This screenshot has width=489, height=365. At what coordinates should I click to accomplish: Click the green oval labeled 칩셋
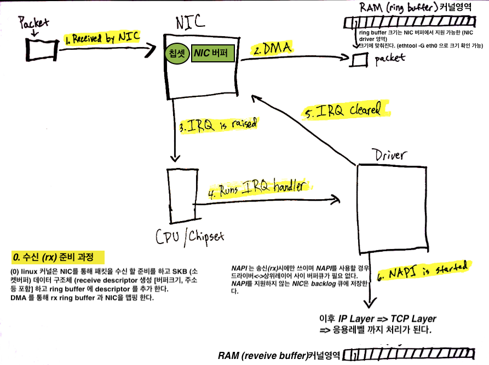[x=177, y=53]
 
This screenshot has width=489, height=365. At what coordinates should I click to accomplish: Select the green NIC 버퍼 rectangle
[x=212, y=53]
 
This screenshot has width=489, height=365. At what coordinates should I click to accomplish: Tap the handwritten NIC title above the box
[x=190, y=22]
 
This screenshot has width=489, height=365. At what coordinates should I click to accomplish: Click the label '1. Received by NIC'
[x=102, y=38]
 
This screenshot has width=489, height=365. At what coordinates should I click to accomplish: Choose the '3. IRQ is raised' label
[x=218, y=125]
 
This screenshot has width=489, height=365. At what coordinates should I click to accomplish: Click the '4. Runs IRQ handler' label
[x=259, y=188]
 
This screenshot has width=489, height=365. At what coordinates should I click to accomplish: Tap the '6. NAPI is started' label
[x=423, y=270]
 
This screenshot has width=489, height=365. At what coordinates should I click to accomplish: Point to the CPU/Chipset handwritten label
[x=189, y=238]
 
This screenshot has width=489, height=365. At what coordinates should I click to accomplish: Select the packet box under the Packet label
[x=42, y=50]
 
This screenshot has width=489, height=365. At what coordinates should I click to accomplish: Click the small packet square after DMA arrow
[x=359, y=60]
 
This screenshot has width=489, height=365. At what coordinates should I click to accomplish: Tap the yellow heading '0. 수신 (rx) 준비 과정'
[x=57, y=257]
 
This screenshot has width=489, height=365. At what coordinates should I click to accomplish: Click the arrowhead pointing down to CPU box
[x=175, y=158]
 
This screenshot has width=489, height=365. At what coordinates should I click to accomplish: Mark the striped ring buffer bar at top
[x=410, y=22]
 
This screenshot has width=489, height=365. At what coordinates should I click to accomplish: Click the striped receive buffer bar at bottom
[x=409, y=355]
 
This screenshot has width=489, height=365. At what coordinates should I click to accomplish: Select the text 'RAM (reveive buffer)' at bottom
[x=263, y=356]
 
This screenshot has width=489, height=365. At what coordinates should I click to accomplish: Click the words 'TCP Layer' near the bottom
[x=413, y=318]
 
